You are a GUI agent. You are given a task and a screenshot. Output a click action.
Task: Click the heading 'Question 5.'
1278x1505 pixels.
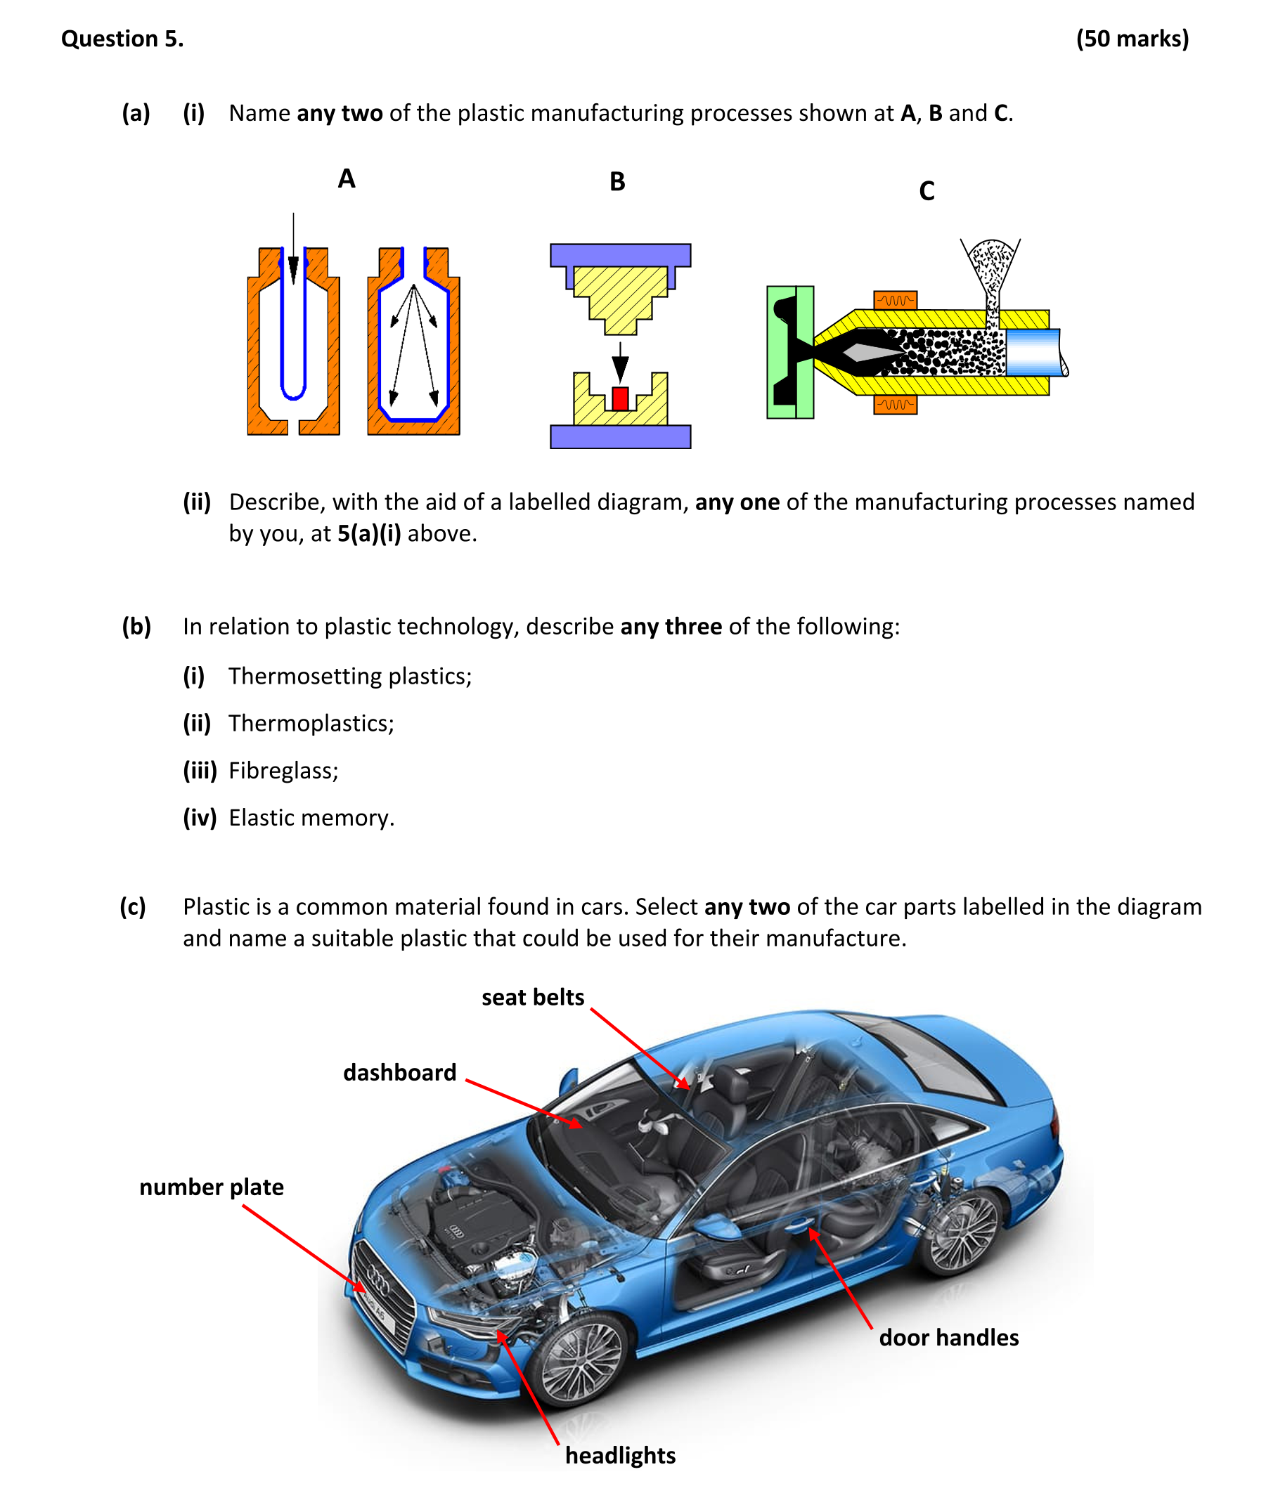click(122, 39)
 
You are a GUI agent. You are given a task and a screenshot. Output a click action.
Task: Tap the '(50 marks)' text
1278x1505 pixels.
click(1132, 39)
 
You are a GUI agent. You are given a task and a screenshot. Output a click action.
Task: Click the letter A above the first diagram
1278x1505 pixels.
click(347, 179)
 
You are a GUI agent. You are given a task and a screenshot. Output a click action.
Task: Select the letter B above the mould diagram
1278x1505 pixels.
click(617, 182)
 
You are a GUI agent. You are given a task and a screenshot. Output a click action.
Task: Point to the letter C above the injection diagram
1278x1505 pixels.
click(926, 191)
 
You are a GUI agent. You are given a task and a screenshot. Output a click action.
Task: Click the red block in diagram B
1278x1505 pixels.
click(620, 398)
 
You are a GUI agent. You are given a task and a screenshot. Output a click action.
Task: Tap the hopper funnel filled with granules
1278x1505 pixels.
click(990, 264)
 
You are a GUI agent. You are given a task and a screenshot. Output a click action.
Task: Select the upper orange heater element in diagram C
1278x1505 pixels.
click(896, 300)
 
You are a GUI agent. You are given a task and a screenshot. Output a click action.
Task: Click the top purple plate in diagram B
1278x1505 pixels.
click(620, 255)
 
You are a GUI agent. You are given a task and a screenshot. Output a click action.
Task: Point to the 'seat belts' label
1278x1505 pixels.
click(533, 997)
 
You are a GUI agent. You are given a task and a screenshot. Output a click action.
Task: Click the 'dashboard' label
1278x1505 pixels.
click(399, 1073)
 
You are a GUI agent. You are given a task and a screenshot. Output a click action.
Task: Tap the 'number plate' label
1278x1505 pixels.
click(212, 1187)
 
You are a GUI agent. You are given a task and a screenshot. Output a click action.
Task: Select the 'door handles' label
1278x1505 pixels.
click(948, 1338)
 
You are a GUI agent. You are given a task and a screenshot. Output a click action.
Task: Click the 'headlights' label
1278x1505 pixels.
click(620, 1456)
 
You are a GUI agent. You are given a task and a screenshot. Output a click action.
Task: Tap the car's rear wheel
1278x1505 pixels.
click(964, 1232)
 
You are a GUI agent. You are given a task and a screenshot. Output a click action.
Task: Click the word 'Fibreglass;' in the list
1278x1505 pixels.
click(283, 771)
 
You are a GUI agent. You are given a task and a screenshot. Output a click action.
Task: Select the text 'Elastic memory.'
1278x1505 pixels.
click(311, 818)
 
